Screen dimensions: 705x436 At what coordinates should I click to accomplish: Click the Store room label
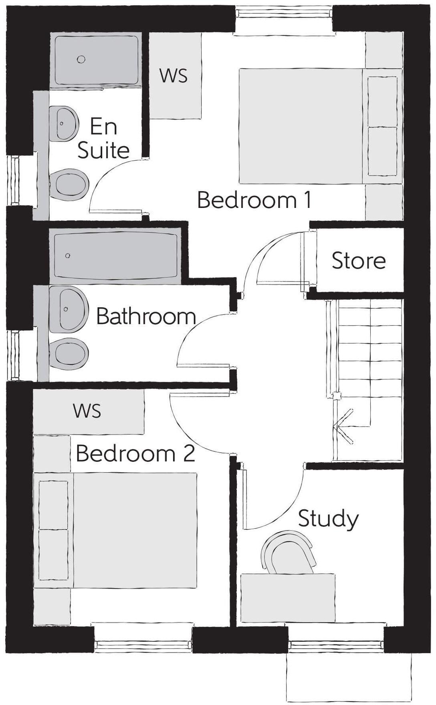(359, 261)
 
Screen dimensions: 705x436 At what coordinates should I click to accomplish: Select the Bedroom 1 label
(254, 200)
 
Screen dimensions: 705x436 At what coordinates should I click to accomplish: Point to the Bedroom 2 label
(135, 453)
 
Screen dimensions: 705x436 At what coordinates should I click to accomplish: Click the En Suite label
(103, 138)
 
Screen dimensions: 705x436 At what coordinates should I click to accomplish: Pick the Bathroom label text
(146, 316)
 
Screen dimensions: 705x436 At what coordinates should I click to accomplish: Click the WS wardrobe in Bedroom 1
(174, 76)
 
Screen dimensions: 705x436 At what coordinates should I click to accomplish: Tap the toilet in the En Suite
(71, 185)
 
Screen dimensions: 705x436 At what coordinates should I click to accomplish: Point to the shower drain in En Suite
(81, 59)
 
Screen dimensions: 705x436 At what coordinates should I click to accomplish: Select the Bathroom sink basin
(67, 309)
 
